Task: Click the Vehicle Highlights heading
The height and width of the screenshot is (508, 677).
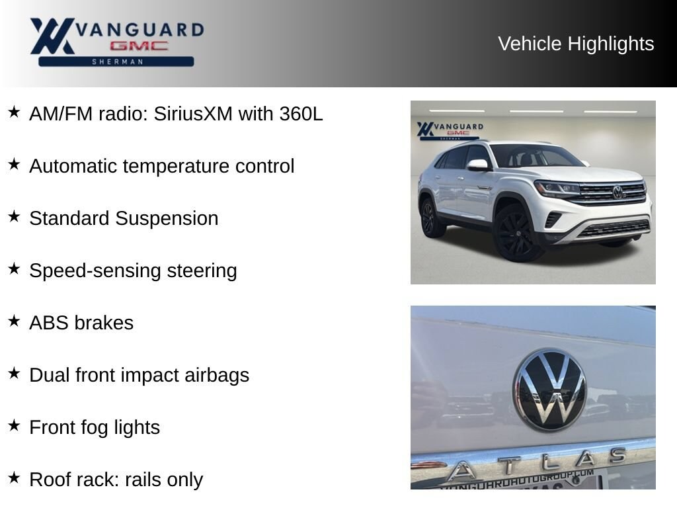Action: pos(576,44)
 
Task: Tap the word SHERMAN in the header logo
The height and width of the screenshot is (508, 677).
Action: pos(118,62)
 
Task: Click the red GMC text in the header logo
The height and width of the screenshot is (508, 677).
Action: pos(139,46)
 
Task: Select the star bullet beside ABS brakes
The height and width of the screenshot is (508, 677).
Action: pos(14,321)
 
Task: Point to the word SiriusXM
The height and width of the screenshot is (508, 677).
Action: pos(194,114)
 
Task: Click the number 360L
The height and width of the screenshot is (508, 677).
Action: pos(301,114)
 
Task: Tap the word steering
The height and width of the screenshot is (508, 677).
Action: pos(202,271)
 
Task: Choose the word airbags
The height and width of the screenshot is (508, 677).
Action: pos(217,376)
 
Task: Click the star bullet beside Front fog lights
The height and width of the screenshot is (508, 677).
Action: pos(14,425)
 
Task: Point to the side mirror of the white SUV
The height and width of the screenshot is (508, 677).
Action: pos(477,165)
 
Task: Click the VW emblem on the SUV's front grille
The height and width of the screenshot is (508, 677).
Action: pos(618,192)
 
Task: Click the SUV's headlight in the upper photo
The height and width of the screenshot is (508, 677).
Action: pos(557,189)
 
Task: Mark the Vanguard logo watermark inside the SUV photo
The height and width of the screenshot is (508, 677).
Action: pos(450,130)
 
